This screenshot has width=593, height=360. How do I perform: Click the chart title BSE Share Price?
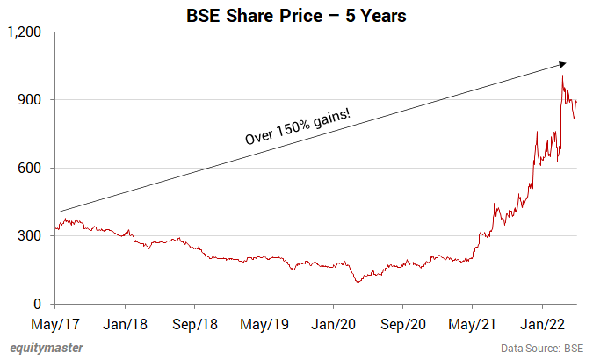(296, 16)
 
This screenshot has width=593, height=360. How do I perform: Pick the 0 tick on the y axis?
(45, 305)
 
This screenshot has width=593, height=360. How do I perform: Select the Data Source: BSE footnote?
(542, 349)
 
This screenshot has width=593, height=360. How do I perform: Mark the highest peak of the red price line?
(562, 76)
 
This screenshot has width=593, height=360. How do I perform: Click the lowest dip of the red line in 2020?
(358, 282)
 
